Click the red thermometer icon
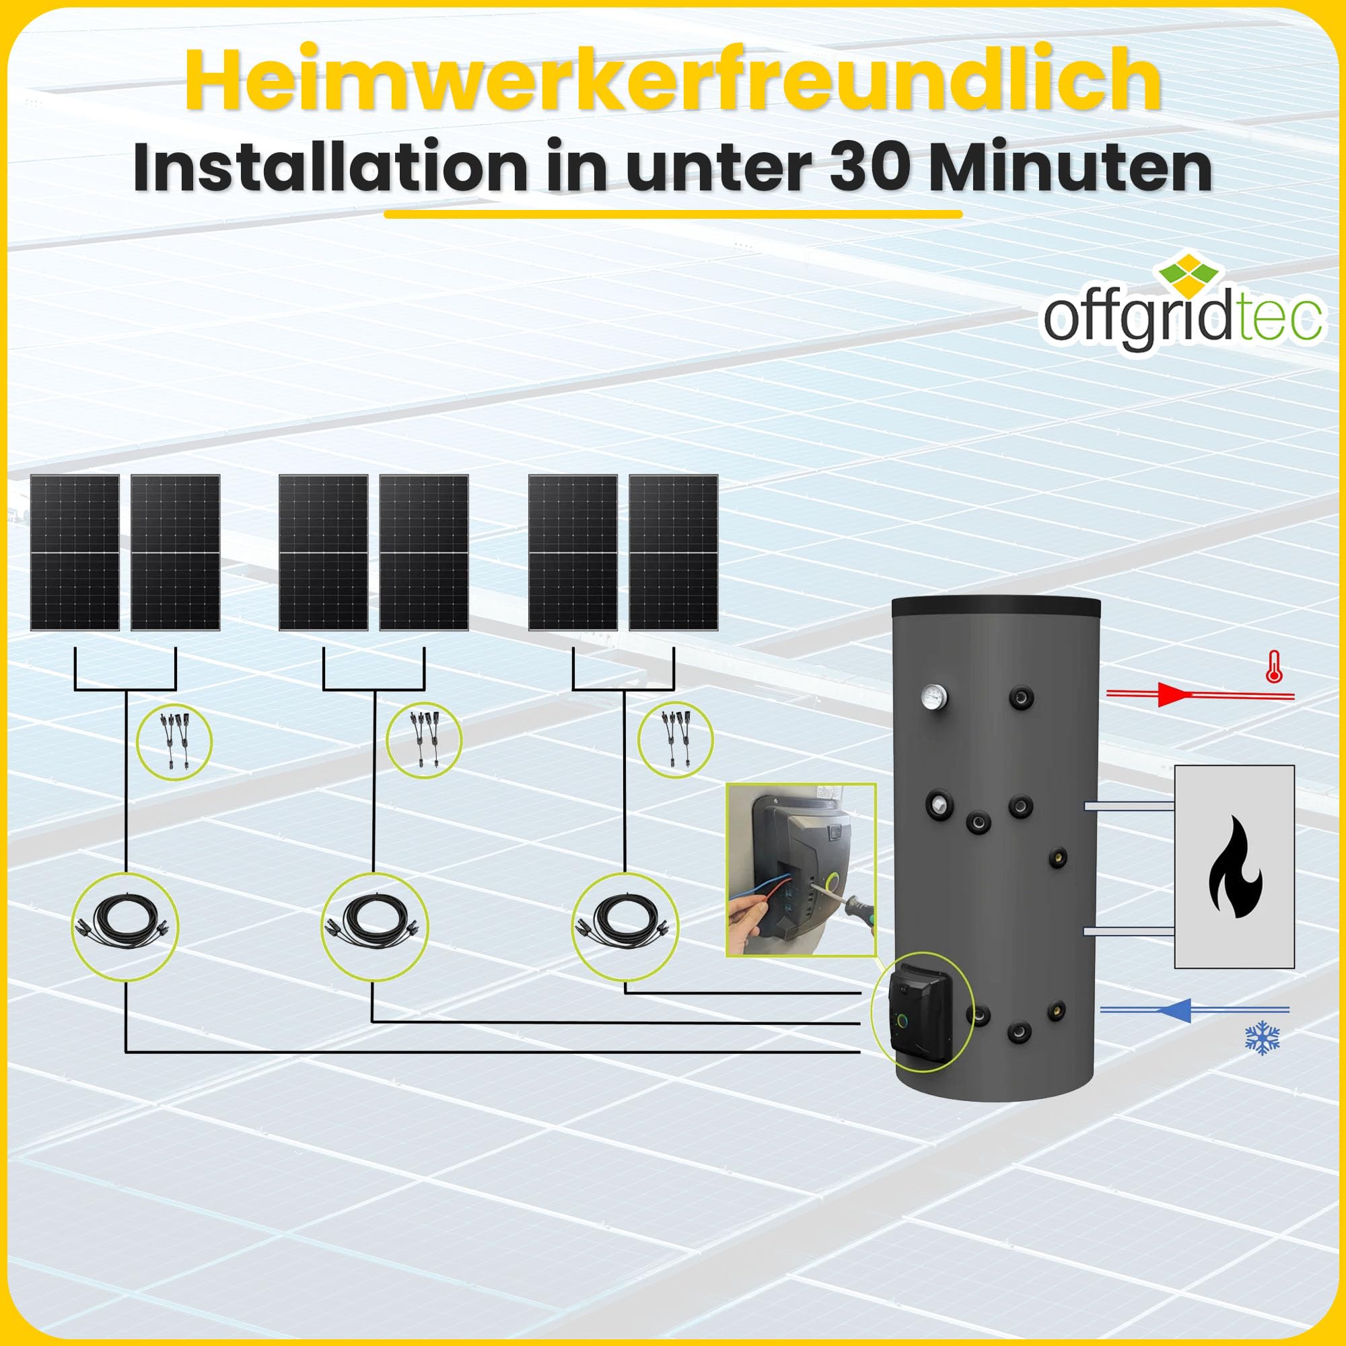(x=1274, y=667)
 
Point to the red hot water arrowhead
(x=1172, y=695)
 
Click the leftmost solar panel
(x=75, y=553)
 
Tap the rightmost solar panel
(x=673, y=553)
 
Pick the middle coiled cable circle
(x=375, y=926)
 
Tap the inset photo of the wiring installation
(x=800, y=870)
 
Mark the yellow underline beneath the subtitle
(x=673, y=214)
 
